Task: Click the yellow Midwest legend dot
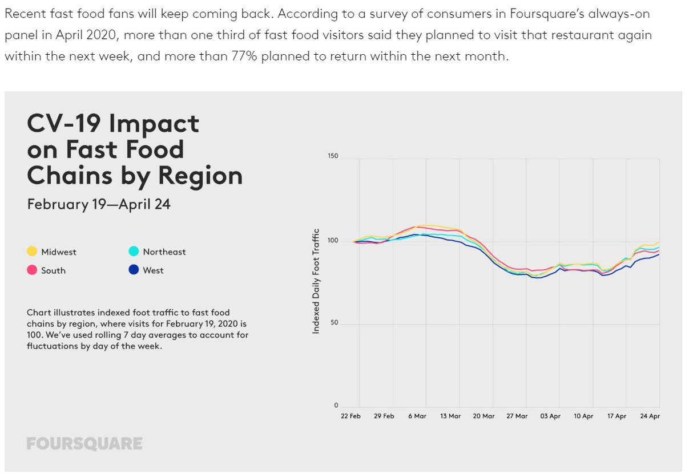point(33,252)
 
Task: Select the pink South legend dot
point(33,270)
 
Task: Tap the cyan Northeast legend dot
point(134,252)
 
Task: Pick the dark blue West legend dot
point(134,270)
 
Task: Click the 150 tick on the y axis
point(333,156)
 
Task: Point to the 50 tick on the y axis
point(335,323)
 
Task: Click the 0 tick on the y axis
point(336,406)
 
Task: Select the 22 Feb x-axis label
point(350,416)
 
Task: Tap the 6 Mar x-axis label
point(417,416)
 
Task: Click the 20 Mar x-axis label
point(483,416)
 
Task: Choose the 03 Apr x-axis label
point(550,416)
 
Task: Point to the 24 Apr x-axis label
point(650,416)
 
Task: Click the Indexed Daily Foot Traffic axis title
point(316,281)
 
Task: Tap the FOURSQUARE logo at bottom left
point(84,444)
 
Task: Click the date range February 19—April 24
point(99,204)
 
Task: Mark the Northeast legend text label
point(164,252)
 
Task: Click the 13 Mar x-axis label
point(450,416)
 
